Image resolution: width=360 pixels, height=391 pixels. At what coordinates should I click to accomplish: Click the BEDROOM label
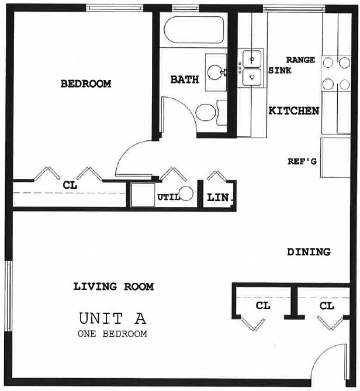pos(86,84)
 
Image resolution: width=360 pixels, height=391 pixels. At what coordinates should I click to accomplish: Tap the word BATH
pos(185,79)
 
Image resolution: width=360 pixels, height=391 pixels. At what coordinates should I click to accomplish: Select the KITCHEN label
pos(294,110)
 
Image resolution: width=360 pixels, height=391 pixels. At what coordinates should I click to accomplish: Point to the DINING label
pos(309,252)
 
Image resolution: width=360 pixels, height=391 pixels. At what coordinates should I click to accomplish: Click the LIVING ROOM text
pos(114,286)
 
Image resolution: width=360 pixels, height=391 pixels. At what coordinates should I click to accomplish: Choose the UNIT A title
pos(112,319)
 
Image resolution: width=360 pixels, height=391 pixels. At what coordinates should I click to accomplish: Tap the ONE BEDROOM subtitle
pos(112,334)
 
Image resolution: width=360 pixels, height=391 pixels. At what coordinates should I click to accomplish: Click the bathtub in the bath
pos(194,30)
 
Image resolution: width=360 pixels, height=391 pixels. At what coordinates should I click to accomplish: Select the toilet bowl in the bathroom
pos(206,112)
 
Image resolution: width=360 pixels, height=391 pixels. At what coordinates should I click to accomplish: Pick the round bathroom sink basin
pos(215,72)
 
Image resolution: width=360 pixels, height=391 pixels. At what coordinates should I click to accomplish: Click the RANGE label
pos(300,60)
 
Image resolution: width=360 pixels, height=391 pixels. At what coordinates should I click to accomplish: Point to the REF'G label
pos(302,161)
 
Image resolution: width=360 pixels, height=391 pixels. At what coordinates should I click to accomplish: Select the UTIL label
pos(168,197)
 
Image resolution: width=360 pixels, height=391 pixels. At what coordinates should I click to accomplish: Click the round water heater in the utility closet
pos(186,193)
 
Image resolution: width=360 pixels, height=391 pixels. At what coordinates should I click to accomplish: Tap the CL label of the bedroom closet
pos(70,185)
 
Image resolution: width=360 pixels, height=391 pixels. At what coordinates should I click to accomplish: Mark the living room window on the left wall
pos(8,296)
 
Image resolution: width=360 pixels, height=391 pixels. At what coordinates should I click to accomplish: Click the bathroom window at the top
pos(185,8)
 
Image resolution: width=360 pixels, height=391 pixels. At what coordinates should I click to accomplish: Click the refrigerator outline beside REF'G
pos(335,157)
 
